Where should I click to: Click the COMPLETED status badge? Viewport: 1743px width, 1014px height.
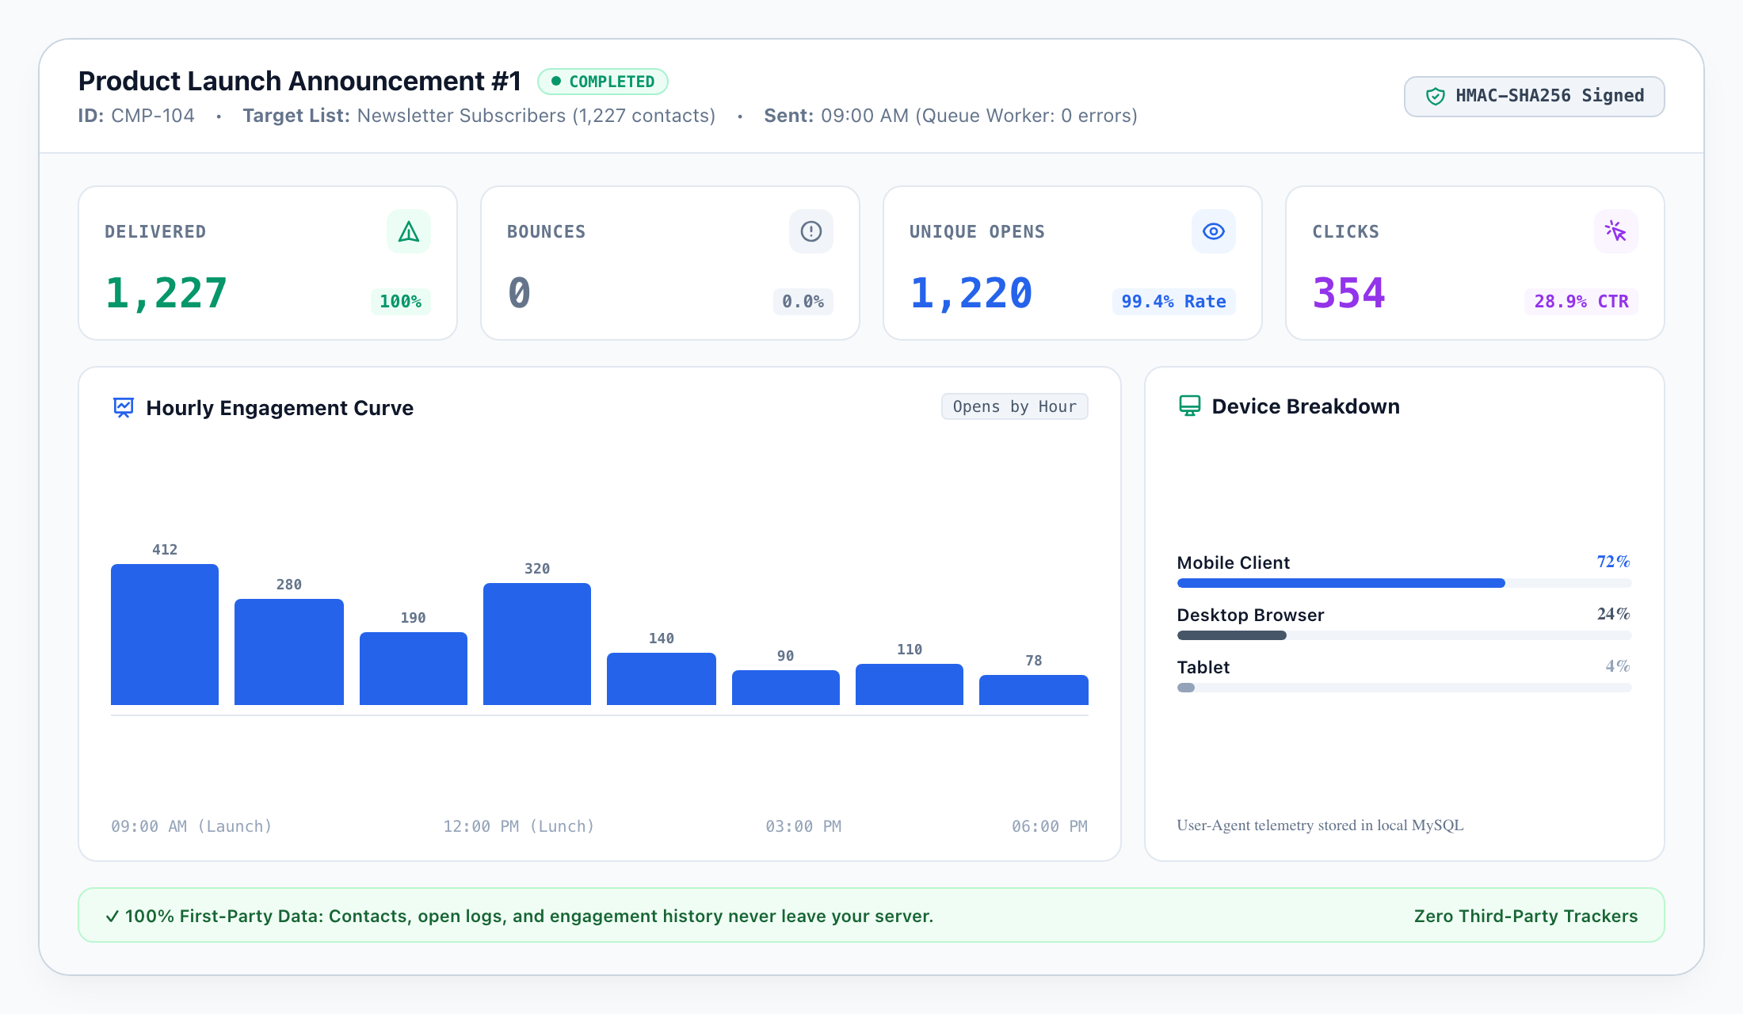pos(603,82)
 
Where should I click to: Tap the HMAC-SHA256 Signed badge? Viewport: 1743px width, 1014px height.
pos(1534,96)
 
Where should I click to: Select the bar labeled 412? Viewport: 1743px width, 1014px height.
pos(165,635)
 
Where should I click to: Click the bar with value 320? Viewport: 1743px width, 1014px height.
pos(537,644)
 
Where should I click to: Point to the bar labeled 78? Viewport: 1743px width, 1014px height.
pos(1034,690)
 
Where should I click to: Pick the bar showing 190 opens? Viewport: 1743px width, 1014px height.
pos(414,669)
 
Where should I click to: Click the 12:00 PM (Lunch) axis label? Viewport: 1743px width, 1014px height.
pos(519,826)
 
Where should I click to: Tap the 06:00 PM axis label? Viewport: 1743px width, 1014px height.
pos(1050,826)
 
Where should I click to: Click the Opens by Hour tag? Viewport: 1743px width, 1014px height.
pos(1015,406)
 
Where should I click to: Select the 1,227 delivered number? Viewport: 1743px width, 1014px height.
pos(166,293)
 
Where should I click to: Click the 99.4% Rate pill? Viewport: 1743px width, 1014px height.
pos(1174,302)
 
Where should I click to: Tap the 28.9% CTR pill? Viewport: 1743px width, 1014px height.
pos(1581,302)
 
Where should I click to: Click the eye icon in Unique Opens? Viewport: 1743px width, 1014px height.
pos(1214,231)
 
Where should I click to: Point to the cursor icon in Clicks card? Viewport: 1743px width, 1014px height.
pos(1616,231)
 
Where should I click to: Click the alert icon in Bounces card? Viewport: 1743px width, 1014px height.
pos(811,231)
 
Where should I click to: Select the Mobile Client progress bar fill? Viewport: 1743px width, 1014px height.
pos(1341,583)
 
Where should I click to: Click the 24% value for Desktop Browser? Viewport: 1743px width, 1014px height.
pos(1614,614)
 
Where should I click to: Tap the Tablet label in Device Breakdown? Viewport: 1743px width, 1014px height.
pos(1203,667)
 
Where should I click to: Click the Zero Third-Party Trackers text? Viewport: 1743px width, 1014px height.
pos(1526,916)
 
